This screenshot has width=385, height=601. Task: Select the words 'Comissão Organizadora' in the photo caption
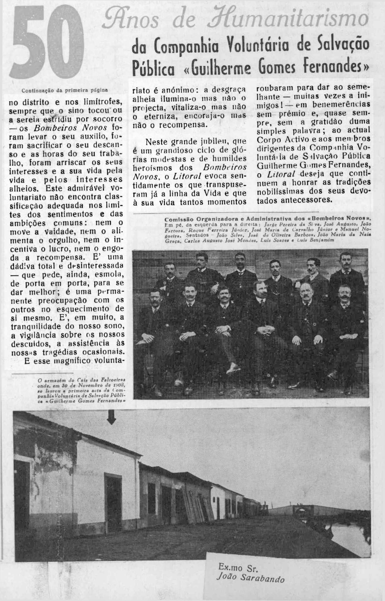(195, 219)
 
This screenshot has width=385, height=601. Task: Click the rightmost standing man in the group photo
(345, 272)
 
